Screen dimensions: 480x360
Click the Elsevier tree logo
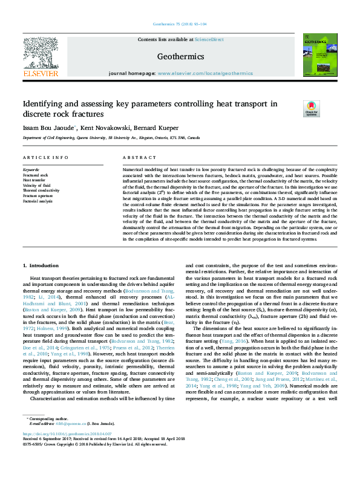coord(41,55)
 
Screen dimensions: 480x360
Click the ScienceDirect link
coord(209,39)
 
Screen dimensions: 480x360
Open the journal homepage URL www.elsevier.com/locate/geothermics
coord(205,73)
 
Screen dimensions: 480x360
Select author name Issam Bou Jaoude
coord(48,128)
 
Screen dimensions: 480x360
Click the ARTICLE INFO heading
coord(45,157)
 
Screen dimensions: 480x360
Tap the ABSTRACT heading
coord(136,157)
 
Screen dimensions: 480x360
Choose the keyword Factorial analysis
coord(38,200)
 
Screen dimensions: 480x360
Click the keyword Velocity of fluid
coord(37,185)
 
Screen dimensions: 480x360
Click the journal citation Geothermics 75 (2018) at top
coord(180,23)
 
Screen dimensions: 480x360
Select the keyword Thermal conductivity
coord(41,190)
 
